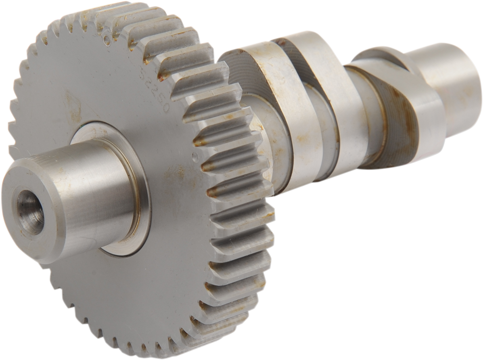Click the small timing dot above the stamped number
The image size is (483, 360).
click(106, 39)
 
